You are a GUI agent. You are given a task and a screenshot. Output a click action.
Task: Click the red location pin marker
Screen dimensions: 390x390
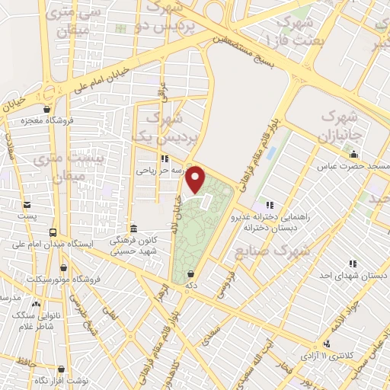[197, 179]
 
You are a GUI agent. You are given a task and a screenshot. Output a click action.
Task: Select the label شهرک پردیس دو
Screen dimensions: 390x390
[174, 18]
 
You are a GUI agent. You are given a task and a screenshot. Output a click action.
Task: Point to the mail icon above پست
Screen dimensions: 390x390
[28, 204]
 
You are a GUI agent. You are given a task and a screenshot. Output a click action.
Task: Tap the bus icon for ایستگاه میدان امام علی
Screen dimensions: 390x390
[52, 232]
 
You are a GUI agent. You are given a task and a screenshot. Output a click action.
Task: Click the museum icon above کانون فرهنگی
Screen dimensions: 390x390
[134, 229]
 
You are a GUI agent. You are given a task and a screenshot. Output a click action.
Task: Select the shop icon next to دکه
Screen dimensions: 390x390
[190, 273]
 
